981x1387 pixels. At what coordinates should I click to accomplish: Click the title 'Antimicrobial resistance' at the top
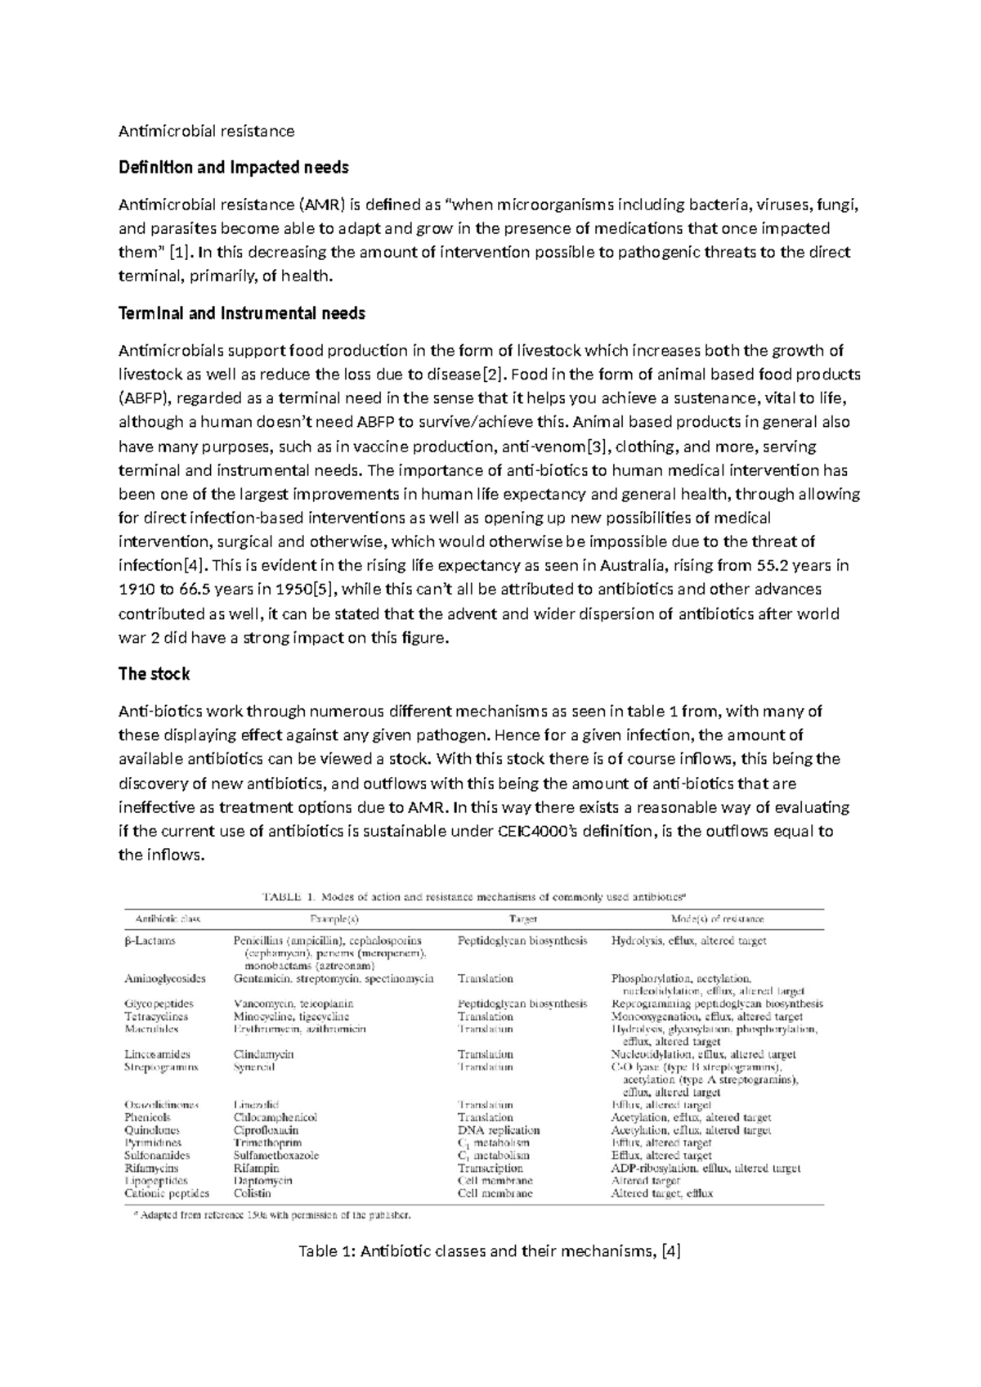(x=206, y=131)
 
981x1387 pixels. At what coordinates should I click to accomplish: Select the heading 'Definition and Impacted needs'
(x=234, y=168)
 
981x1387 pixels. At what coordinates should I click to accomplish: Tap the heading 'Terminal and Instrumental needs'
(x=242, y=313)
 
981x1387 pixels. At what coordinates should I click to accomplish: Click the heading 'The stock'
(x=154, y=674)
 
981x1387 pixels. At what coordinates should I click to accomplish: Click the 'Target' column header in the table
(x=523, y=918)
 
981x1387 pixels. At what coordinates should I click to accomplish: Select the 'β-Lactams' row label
(x=150, y=940)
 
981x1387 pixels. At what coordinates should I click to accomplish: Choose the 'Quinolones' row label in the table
(x=152, y=1130)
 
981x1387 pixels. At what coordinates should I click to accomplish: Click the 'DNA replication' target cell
(x=499, y=1130)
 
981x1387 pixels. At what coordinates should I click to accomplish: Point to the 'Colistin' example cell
(x=252, y=1193)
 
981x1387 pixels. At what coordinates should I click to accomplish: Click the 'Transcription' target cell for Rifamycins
(x=490, y=1168)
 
